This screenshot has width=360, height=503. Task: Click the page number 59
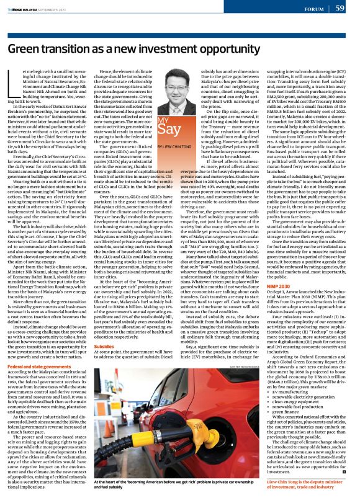tap(340, 9)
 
